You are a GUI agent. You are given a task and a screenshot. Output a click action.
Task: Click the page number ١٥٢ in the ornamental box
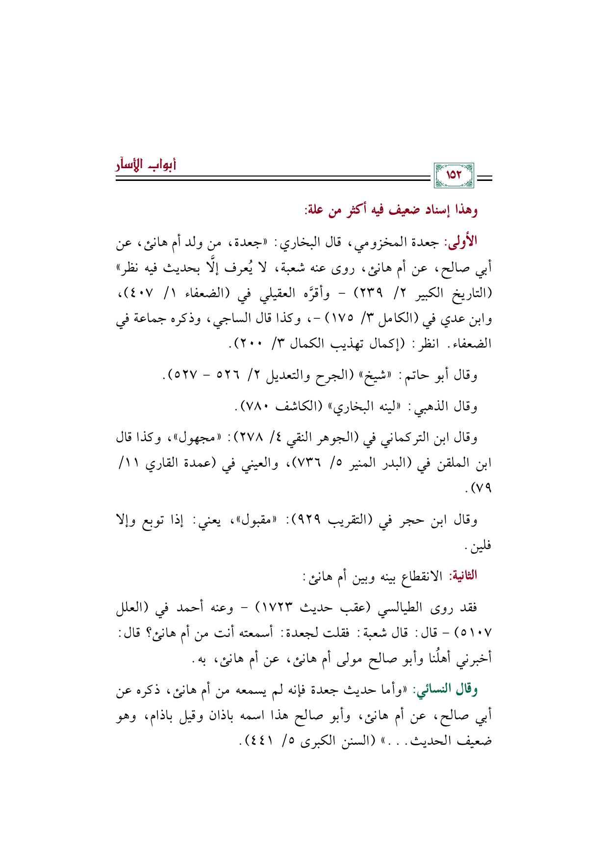pyautogui.click(x=454, y=175)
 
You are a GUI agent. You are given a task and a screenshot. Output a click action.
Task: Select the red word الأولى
pyautogui.click(x=460, y=241)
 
